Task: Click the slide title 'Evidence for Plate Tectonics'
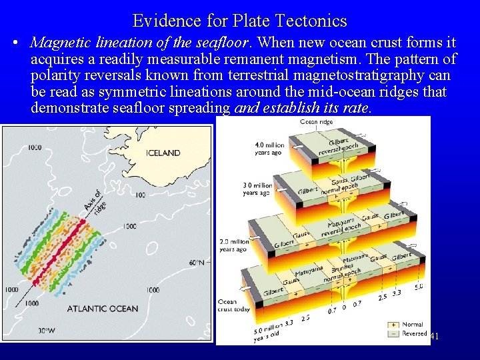[x=240, y=21]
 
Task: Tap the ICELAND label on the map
[x=163, y=153]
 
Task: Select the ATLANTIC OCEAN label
[x=103, y=309]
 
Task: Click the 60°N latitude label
[x=197, y=263]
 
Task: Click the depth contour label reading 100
[x=140, y=195]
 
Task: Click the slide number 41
[x=435, y=337]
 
